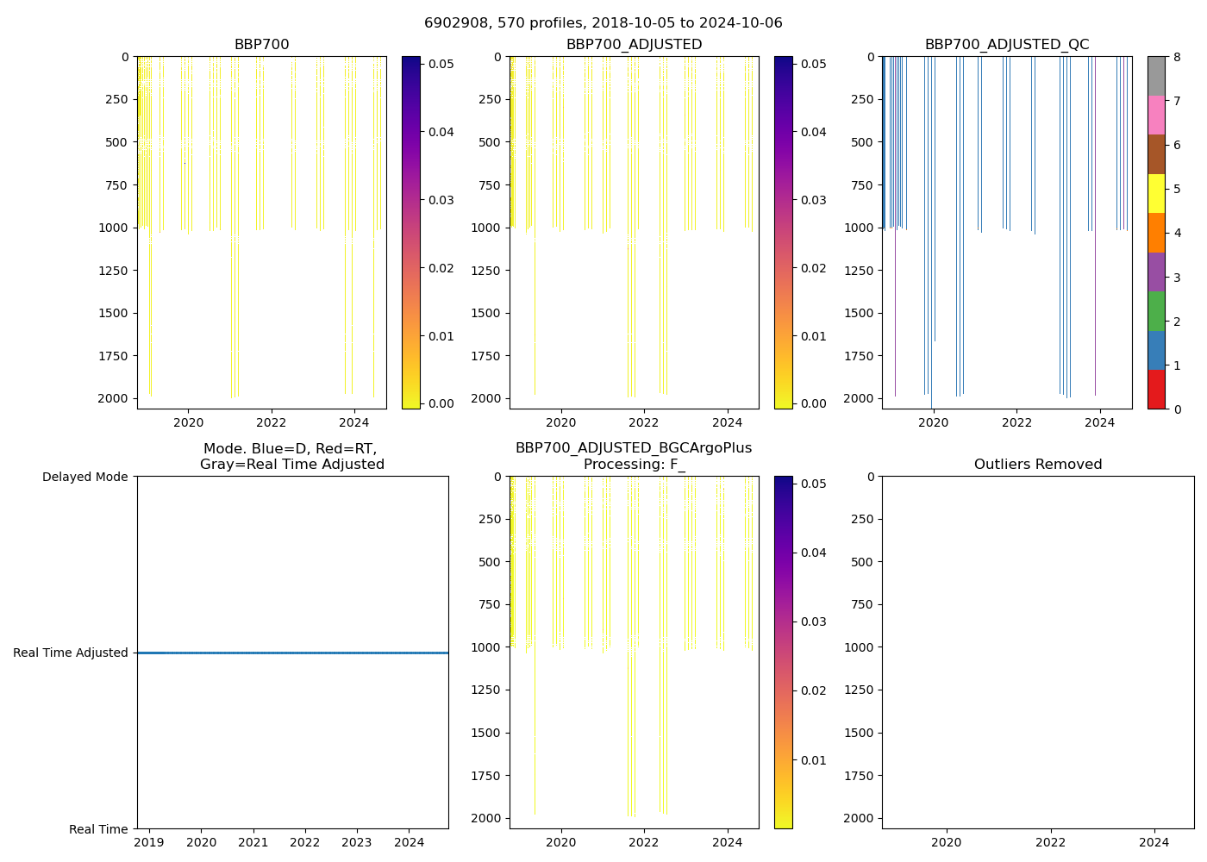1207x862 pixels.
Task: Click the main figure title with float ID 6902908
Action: pos(603,23)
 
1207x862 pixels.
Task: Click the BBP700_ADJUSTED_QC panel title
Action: pos(1006,44)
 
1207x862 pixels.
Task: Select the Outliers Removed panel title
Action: pos(1037,464)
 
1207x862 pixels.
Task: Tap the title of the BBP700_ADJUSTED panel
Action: pos(634,44)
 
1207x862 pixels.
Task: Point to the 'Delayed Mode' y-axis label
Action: pos(84,477)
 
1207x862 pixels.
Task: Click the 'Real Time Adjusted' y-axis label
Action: pos(71,653)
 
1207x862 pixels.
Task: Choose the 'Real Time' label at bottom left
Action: pos(98,829)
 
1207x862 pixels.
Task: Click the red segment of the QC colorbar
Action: pos(1156,390)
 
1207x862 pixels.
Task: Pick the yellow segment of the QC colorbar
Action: pos(1156,193)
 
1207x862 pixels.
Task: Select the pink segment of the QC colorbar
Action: pos(1156,115)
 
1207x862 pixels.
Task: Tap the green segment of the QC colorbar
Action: pos(1156,310)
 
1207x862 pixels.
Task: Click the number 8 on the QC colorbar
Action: pos(1177,57)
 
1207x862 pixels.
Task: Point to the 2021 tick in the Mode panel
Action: pos(253,842)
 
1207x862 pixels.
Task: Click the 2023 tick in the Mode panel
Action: pos(357,842)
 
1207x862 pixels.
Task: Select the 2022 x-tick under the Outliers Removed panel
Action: pos(1050,842)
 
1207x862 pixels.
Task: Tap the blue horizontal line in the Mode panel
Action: pos(292,653)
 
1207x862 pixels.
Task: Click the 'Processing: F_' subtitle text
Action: pos(634,464)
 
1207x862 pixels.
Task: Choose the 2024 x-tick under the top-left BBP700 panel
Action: pos(353,422)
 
